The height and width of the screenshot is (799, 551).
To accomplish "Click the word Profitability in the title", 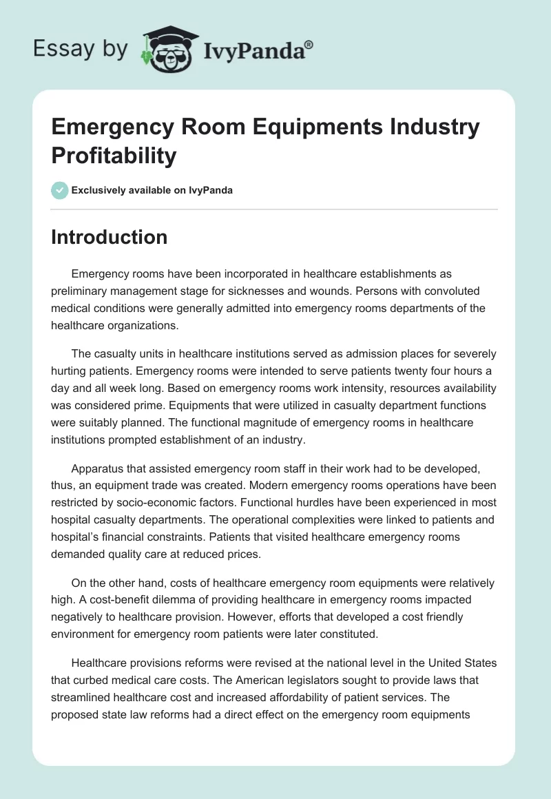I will (114, 155).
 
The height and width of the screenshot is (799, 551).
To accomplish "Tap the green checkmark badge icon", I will (60, 190).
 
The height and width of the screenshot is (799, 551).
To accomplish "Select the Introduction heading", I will (109, 237).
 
